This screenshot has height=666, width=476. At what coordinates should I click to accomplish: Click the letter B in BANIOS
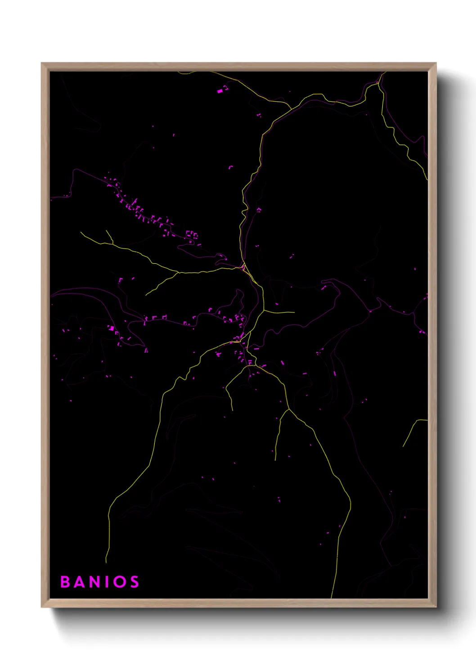tap(65, 582)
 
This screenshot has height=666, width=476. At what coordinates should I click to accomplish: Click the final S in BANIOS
tap(134, 582)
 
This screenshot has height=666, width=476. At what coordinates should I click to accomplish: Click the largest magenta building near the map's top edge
tap(220, 91)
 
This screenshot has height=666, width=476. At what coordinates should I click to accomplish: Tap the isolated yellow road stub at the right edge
tap(414, 427)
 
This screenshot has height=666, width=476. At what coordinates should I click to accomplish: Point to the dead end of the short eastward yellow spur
tap(294, 312)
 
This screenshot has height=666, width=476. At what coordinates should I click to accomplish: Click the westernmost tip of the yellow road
tap(81, 233)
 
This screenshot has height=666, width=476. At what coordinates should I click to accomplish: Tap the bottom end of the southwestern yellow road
tap(106, 562)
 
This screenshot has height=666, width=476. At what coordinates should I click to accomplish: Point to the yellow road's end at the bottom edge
tap(332, 598)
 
